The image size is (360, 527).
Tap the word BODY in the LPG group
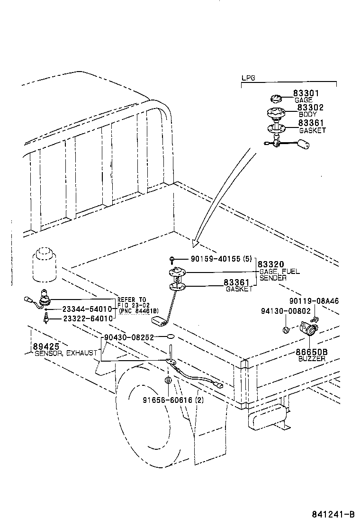click(x=307, y=115)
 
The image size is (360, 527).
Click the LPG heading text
click(x=248, y=78)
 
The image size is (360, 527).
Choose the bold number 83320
click(x=270, y=264)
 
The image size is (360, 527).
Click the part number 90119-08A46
click(x=314, y=301)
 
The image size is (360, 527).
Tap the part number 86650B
click(x=312, y=352)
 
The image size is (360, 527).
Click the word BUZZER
click(x=312, y=359)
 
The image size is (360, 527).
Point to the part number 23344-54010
click(x=88, y=309)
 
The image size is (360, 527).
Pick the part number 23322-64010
click(x=88, y=318)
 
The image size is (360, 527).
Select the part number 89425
click(x=44, y=346)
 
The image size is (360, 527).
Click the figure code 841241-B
click(x=333, y=515)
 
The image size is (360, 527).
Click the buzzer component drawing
click(x=306, y=329)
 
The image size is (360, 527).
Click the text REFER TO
click(x=132, y=300)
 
